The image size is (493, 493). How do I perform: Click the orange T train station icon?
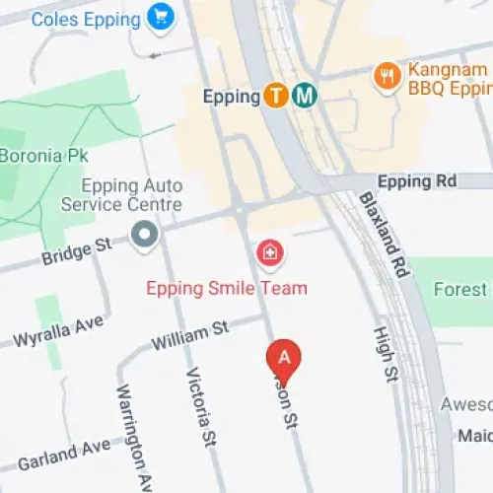point(277,96)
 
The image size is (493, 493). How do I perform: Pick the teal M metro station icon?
point(305,96)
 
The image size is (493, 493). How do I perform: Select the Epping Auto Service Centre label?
point(121,194)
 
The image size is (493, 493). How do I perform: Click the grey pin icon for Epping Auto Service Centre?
point(145,235)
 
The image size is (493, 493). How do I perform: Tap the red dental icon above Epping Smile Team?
point(267,253)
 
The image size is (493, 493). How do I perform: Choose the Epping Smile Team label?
point(226,288)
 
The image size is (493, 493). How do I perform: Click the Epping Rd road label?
point(418,181)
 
